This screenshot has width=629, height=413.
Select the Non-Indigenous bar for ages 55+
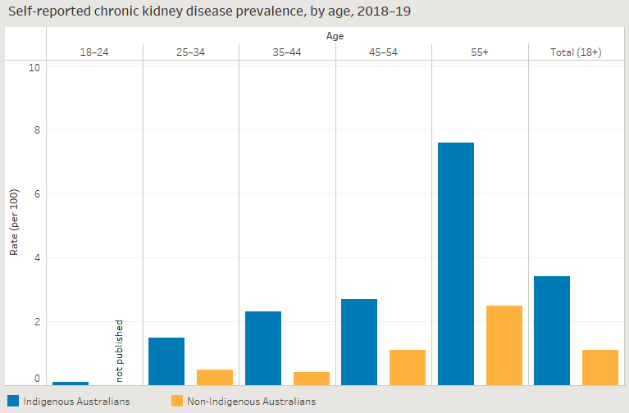click(504, 345)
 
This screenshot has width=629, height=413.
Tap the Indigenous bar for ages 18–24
click(71, 383)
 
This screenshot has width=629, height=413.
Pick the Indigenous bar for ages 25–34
click(166, 361)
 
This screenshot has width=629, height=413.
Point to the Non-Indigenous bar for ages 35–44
click(312, 379)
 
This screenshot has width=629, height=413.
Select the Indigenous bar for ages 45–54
click(359, 342)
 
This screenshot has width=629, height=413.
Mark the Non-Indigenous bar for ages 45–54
click(408, 367)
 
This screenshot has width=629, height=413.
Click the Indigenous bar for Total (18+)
click(552, 330)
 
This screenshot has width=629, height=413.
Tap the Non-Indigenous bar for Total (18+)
click(600, 367)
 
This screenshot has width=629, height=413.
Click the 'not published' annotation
click(119, 351)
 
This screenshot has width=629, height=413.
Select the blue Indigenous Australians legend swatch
click(13, 401)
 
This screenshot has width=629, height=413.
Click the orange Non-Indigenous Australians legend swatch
click(177, 401)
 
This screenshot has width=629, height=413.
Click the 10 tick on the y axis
click(34, 66)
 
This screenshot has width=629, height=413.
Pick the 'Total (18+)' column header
click(576, 52)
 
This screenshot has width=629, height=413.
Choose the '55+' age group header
click(480, 52)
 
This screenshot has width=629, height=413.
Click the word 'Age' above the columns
click(335, 36)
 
